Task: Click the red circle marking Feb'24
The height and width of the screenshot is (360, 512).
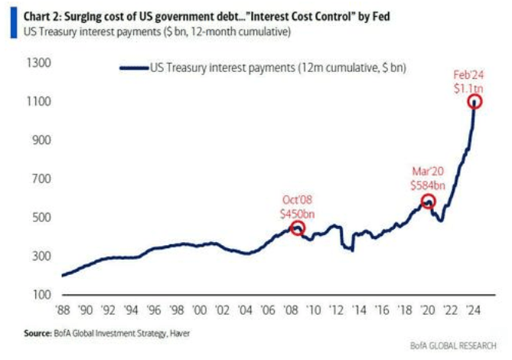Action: (476, 101)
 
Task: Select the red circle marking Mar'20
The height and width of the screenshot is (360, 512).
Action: (429, 201)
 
